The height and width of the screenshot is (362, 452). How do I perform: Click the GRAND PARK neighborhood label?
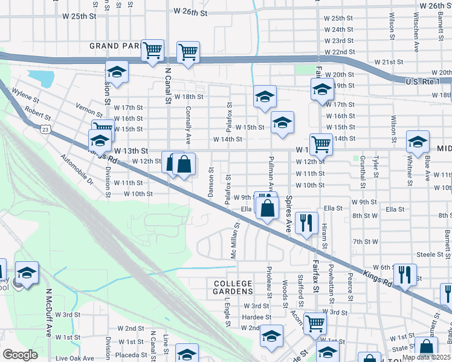click(115, 46)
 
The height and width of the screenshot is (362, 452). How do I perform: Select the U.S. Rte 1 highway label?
click(422, 81)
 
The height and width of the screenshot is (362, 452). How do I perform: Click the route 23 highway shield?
click(45, 129)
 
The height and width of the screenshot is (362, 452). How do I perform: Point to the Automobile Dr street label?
click(77, 170)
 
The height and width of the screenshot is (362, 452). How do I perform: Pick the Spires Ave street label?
click(289, 215)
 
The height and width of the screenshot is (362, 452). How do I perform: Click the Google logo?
click(20, 355)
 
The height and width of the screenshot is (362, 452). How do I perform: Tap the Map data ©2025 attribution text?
click(426, 357)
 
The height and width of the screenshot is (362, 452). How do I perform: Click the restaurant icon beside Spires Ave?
click(308, 223)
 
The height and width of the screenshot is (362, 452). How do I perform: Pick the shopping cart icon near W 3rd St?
click(315, 323)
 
